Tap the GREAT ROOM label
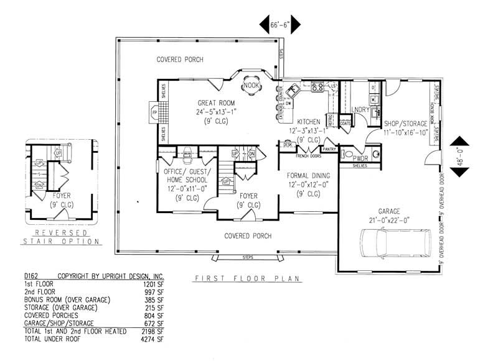click(215, 102)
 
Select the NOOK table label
click(251, 85)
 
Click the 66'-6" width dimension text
click(280, 25)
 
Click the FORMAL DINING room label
click(304, 176)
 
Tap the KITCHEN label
click(309, 121)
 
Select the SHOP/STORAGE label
click(406, 124)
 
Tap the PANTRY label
click(329, 149)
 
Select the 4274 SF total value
click(156, 339)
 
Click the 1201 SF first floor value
click(156, 284)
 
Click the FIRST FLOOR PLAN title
click(247, 278)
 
